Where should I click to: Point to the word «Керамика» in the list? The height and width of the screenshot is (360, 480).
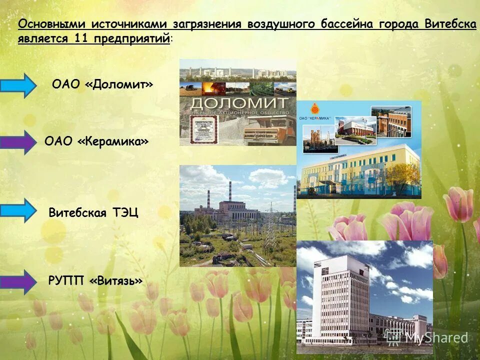113,142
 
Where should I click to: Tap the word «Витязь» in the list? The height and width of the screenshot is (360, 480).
116,281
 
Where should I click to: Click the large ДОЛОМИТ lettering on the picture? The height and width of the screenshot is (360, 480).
240,104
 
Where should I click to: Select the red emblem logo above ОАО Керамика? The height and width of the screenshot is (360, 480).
314,108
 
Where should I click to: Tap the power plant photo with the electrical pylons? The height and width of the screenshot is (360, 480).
237,215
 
